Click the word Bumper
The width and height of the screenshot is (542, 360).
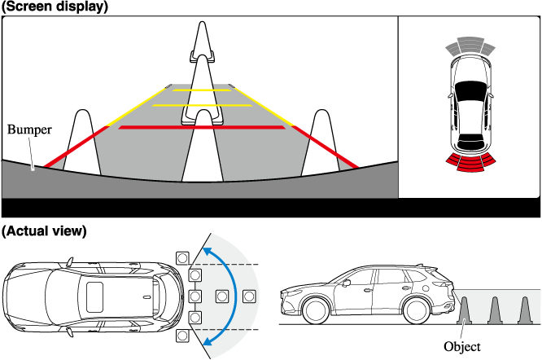[29, 130]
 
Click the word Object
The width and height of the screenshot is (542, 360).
[462, 346]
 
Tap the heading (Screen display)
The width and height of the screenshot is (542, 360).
[55, 7]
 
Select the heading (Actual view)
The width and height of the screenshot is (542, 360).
[44, 230]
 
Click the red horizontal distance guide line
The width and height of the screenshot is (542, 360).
[202, 128]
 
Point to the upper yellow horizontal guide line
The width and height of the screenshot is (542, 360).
[202, 90]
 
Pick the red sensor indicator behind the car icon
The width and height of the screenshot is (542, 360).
[470, 162]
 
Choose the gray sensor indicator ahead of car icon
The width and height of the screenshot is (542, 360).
[470, 46]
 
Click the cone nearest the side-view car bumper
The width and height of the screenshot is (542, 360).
[464, 310]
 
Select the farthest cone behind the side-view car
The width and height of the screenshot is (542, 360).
[525, 310]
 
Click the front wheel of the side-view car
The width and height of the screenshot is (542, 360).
[315, 310]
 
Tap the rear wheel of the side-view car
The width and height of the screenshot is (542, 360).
[417, 310]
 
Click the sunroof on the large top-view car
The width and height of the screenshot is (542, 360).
[94, 297]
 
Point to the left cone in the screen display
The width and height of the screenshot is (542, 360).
[82, 143]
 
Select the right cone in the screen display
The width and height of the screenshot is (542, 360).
[321, 143]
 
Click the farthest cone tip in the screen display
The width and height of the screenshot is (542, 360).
[202, 22]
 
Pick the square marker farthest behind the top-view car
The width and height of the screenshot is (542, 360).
[249, 296]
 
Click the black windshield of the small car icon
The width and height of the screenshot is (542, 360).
[470, 91]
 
